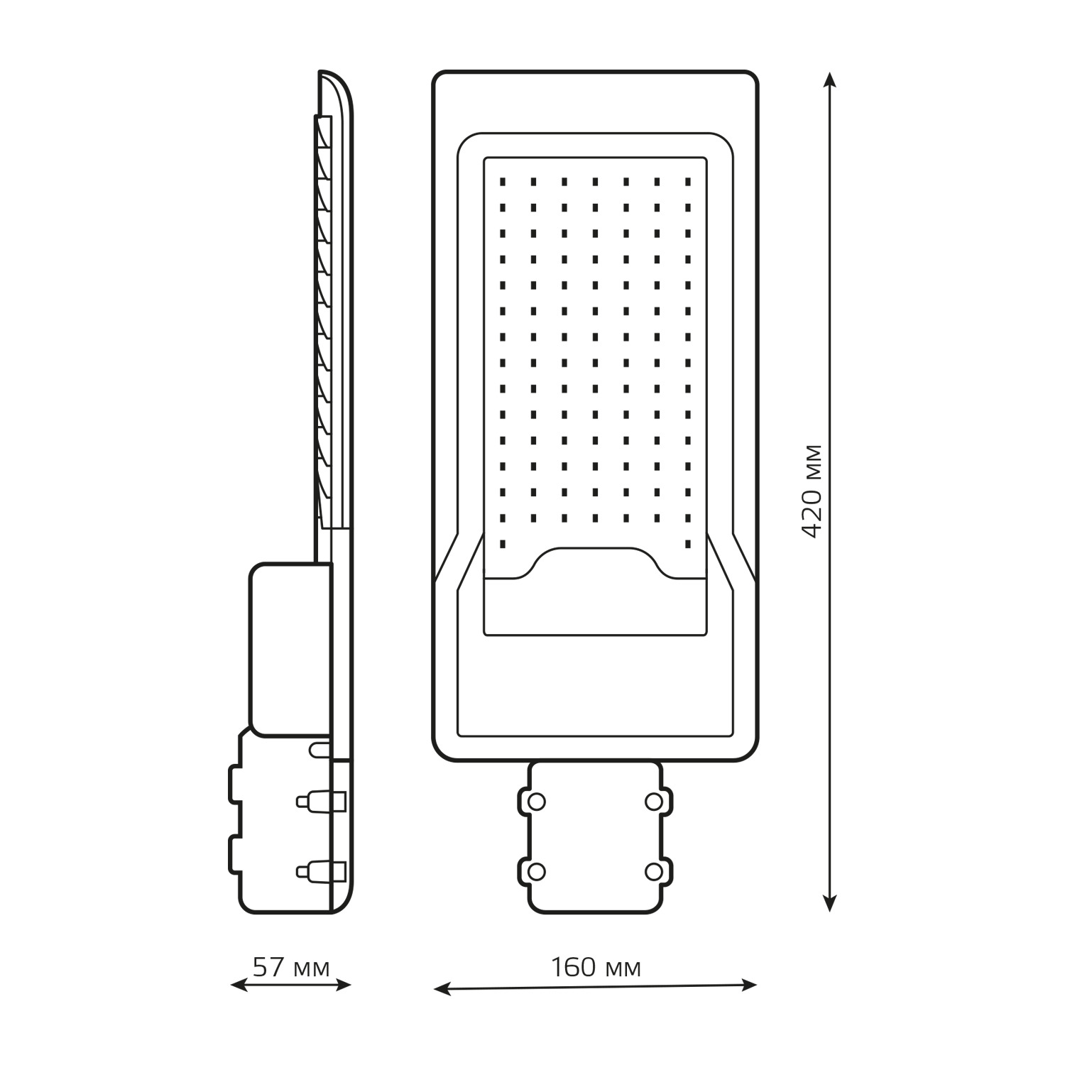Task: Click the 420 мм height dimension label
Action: [x=811, y=491]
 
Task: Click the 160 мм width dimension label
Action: [x=596, y=967]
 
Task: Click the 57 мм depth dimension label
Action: [x=291, y=967]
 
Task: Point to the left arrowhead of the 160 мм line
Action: [x=442, y=988]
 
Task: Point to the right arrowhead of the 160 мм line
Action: [x=748, y=985]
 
